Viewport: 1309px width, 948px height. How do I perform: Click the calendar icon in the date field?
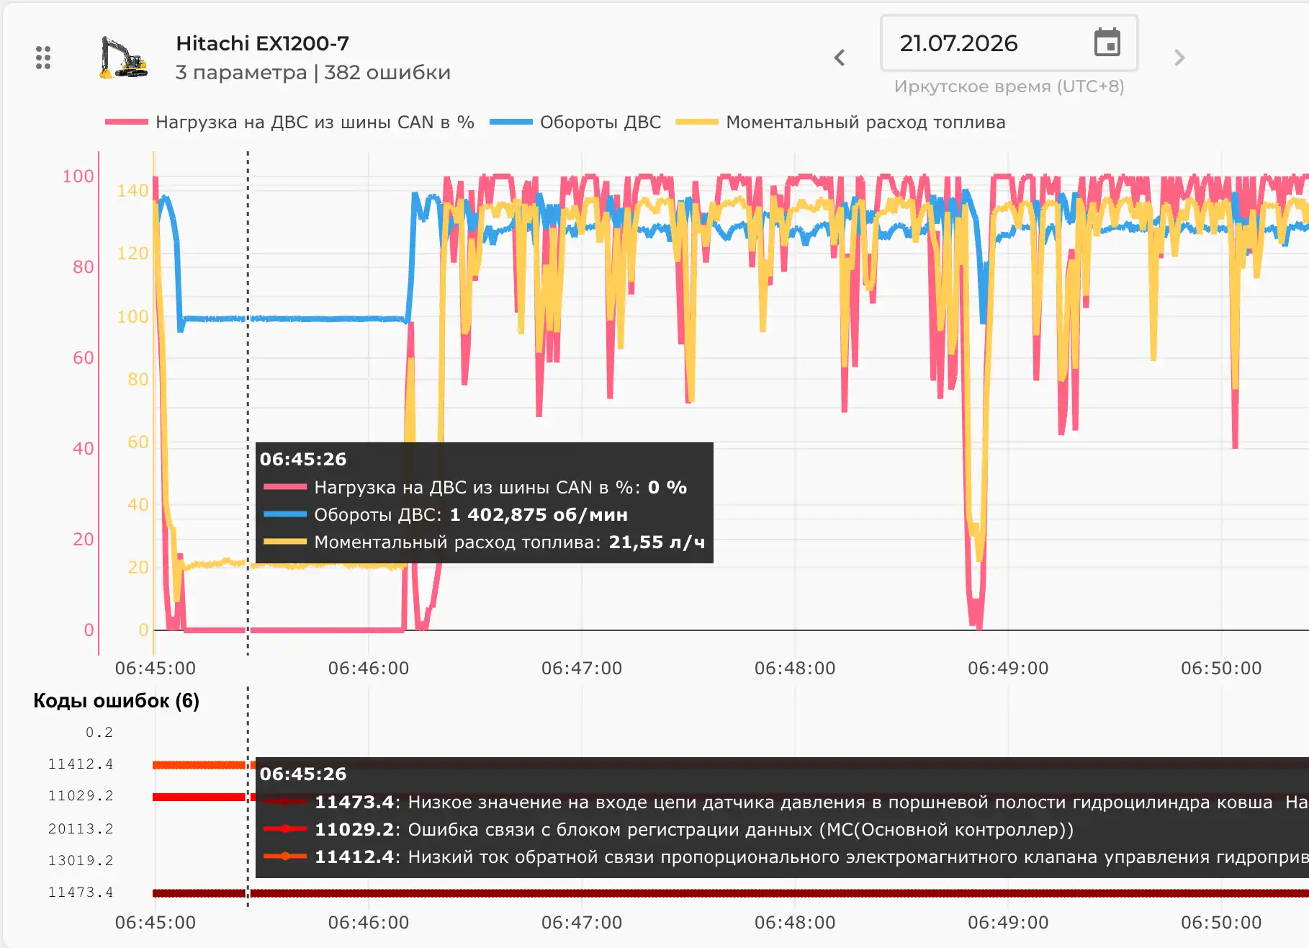click(x=1107, y=43)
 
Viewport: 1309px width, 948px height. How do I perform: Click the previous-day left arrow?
click(x=839, y=58)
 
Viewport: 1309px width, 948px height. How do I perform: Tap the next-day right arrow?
click(x=1179, y=58)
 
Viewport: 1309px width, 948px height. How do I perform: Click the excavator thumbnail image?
click(x=123, y=57)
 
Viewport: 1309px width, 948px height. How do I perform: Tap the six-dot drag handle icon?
click(x=43, y=58)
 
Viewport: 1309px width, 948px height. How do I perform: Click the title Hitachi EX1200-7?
click(x=262, y=43)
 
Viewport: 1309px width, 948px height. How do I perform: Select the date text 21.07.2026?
click(x=958, y=43)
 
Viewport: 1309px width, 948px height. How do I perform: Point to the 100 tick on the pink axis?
click(x=78, y=176)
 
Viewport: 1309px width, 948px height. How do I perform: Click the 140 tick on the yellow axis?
click(x=132, y=191)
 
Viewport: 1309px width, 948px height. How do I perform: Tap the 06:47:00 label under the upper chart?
click(x=582, y=668)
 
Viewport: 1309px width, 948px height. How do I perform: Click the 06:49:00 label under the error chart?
click(x=1008, y=923)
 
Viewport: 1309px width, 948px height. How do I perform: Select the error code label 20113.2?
click(x=81, y=829)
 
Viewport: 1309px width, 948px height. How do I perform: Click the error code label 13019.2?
click(x=81, y=861)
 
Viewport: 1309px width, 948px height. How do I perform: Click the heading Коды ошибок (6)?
click(x=116, y=701)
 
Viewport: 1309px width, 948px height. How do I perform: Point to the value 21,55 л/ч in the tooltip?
click(x=657, y=542)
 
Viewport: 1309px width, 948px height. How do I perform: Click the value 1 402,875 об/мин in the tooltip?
click(x=539, y=515)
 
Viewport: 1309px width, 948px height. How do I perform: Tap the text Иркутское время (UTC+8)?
click(x=1009, y=86)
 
